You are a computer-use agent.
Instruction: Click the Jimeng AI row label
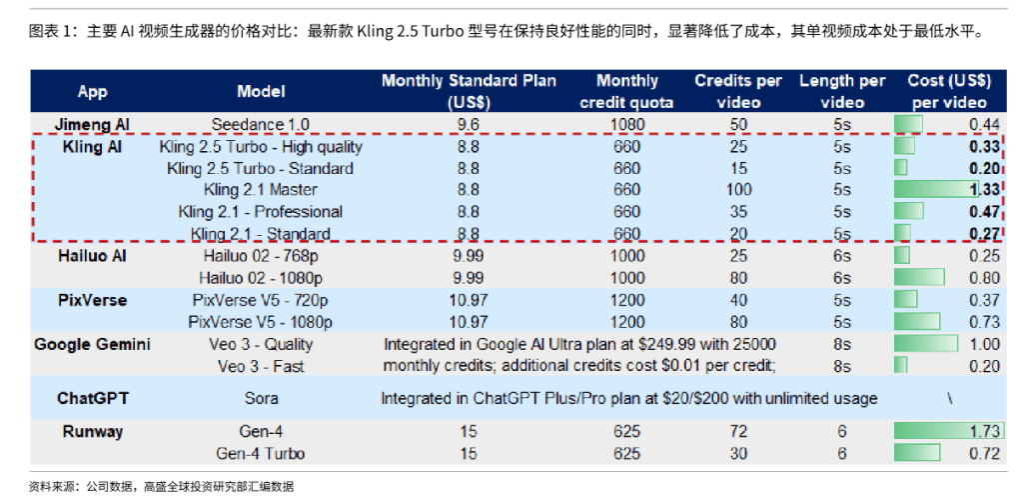92,125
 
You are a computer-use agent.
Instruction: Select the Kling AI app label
92,147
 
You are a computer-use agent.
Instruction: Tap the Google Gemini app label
92,344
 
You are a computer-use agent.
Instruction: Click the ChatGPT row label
92,398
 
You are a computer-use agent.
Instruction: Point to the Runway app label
92,432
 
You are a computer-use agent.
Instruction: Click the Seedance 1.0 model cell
261,125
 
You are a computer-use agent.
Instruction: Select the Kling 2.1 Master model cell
261,190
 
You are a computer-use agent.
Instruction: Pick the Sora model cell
261,398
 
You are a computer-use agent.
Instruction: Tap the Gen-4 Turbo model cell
261,454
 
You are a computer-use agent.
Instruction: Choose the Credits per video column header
739,92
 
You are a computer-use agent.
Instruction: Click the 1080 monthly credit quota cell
626,125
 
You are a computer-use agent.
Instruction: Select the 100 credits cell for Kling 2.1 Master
739,190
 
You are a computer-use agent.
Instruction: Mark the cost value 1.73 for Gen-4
984,432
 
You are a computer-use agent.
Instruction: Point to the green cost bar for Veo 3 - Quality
925,344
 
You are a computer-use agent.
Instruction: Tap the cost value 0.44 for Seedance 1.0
984,125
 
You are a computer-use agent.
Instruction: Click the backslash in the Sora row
949,398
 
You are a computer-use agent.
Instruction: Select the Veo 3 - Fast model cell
261,366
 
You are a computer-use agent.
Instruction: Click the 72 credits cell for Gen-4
739,432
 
